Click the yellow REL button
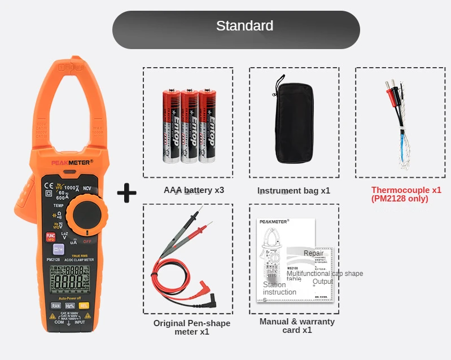(x=84, y=305)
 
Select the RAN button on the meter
(x=56, y=305)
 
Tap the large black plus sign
(x=127, y=193)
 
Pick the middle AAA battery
(x=189, y=126)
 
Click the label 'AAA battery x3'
(x=194, y=190)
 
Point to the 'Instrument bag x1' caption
(x=294, y=191)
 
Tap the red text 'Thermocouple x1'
(x=406, y=190)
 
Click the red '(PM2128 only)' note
(x=400, y=199)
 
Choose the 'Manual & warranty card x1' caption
(x=297, y=326)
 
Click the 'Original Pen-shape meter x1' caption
(x=192, y=327)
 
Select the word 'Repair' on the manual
(x=313, y=253)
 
